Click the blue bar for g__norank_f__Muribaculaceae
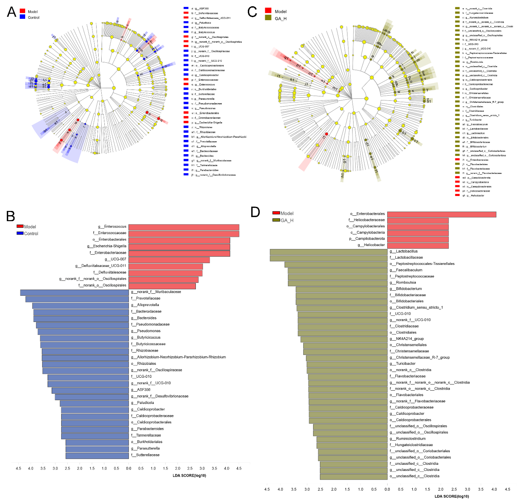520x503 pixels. coord(74,292)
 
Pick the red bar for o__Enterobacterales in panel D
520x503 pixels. coord(442,214)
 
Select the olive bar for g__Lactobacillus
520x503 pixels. coord(328,251)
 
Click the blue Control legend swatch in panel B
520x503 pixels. coord(20,233)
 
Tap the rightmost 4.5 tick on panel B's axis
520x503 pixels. coord(239,468)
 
